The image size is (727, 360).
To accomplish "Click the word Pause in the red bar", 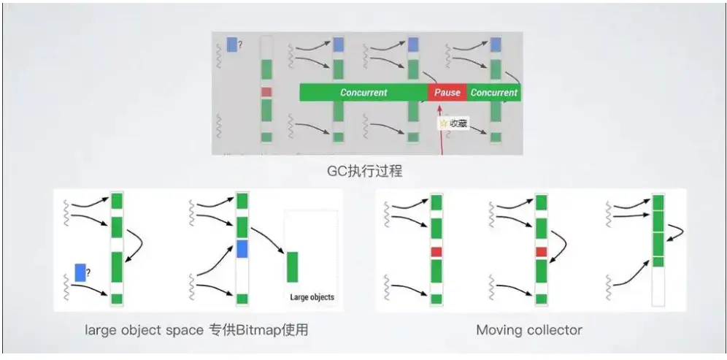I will click(447, 93).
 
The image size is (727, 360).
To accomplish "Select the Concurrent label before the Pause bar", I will click(363, 93).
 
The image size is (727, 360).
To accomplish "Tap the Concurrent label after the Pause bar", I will click(493, 93).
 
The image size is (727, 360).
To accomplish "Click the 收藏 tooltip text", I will click(458, 123).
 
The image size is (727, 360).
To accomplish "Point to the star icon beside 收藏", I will click(443, 123).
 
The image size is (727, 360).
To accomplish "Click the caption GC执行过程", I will click(365, 172).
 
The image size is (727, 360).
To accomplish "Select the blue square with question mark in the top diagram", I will click(231, 45).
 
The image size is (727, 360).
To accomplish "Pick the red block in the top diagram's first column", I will click(266, 92).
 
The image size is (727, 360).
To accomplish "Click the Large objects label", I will click(312, 297).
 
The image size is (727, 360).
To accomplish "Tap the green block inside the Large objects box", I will click(292, 267).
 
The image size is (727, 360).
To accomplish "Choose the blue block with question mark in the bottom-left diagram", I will click(80, 273).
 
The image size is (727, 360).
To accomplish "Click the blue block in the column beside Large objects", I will click(242, 248).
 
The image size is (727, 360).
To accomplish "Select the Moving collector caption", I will click(529, 330).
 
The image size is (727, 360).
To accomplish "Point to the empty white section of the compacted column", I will click(658, 286).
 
